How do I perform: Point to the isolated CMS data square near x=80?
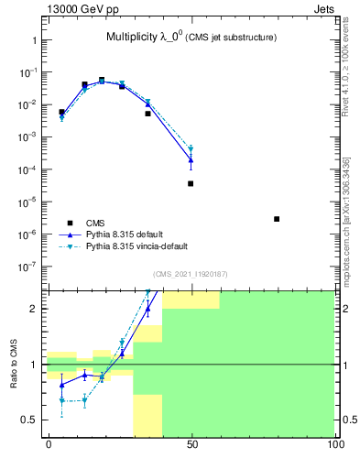pyautogui.click(x=277, y=219)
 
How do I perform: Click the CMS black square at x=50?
pyautogui.click(x=191, y=183)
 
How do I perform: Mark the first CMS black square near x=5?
pyautogui.click(x=62, y=112)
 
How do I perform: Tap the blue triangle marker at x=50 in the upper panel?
pyautogui.click(x=191, y=160)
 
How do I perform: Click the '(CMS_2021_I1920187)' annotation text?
pyautogui.click(x=190, y=274)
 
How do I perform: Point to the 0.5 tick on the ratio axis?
pyautogui.click(x=35, y=420)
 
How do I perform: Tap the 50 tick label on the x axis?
pyautogui.click(x=191, y=446)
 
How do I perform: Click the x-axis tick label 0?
pyautogui.click(x=49, y=446)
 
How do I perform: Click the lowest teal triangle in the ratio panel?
pyautogui.click(x=62, y=400)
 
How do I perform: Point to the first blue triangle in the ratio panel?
pyautogui.click(x=62, y=385)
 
